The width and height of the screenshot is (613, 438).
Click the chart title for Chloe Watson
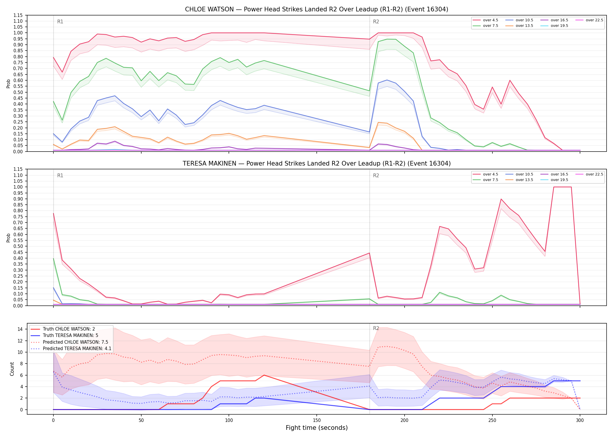point(316,9)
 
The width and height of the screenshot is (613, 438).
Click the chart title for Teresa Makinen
point(316,164)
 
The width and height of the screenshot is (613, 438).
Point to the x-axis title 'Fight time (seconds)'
point(317,428)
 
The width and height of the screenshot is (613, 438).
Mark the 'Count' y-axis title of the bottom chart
point(12,369)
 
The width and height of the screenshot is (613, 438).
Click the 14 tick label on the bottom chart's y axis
point(20,329)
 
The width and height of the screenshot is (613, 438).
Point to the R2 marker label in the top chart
point(376,22)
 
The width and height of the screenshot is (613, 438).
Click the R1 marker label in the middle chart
point(60,175)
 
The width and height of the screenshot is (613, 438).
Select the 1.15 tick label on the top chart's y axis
point(18,15)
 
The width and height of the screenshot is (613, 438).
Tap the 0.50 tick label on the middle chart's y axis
point(18,246)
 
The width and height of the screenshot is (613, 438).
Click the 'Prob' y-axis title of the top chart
point(8,84)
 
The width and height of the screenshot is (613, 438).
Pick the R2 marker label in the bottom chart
point(376,328)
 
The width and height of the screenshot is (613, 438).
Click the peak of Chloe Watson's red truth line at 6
point(264,375)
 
